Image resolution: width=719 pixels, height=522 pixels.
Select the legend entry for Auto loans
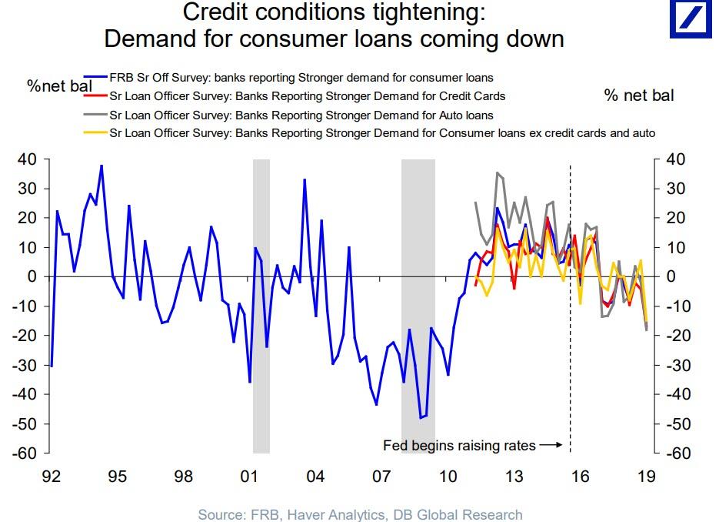pos(301,115)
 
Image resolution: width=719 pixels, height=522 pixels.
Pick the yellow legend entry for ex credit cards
pos(382,133)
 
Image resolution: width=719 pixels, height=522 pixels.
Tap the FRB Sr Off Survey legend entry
pos(300,78)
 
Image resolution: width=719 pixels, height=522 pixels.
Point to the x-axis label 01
pos(248,476)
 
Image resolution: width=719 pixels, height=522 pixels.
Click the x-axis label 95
pos(117,476)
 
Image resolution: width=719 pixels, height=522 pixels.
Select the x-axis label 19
pos(647,476)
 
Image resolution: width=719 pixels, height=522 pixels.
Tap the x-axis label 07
pos(381,476)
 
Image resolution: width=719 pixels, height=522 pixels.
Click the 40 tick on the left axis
pos(27,159)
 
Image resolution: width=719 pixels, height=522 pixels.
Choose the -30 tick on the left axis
pos(25,365)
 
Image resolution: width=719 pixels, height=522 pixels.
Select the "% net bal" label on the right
pos(638,95)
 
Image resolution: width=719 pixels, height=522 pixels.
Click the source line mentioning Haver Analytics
pos(360,514)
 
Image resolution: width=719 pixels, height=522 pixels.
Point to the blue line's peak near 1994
pos(102,166)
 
